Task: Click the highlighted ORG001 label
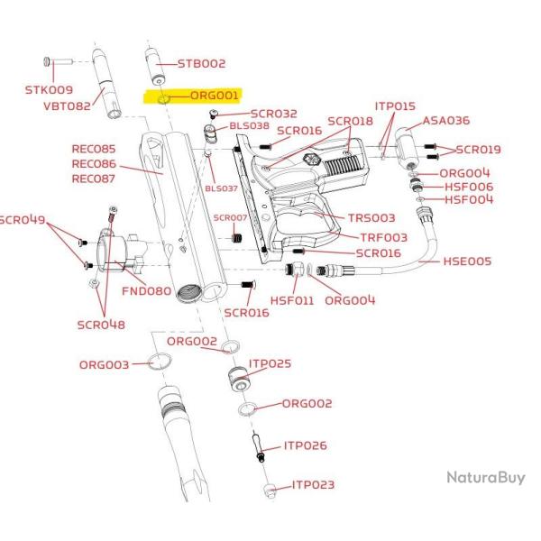coord(215,96)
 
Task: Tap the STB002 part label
coord(201,63)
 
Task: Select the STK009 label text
coord(49,90)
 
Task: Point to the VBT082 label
coord(67,105)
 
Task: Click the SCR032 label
coord(274,114)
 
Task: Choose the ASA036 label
coord(446,121)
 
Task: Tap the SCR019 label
coord(478,150)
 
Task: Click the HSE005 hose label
coord(467,261)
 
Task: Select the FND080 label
coord(147,291)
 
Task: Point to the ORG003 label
coord(104,364)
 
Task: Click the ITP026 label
coord(306,445)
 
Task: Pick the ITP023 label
coord(313,485)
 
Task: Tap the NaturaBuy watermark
coord(486,478)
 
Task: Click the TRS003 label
coord(371,218)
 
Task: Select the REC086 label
coord(94,163)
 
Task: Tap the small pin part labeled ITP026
coord(259,447)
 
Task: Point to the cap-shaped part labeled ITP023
coord(270,491)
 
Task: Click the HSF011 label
coord(292,300)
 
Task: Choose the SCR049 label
coord(23,220)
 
